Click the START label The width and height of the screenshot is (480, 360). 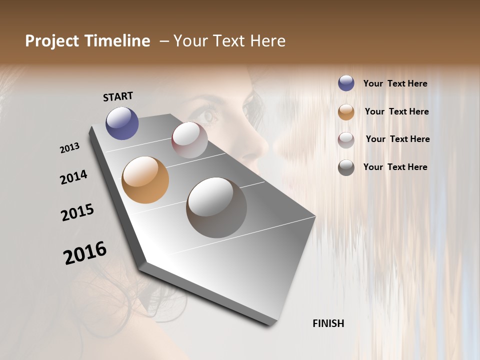click(x=118, y=96)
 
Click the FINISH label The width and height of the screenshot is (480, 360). click(x=328, y=323)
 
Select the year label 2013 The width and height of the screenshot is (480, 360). click(x=69, y=148)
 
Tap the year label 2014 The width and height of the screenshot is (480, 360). click(x=73, y=177)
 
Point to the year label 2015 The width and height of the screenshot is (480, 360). click(x=77, y=212)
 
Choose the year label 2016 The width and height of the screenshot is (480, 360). click(x=85, y=252)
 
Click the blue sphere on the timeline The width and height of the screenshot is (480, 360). click(x=122, y=123)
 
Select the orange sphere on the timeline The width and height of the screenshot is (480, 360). click(x=145, y=180)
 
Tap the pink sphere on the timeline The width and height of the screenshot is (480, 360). click(x=189, y=140)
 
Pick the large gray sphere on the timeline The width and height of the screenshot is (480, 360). click(x=216, y=207)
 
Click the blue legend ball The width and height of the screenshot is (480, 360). click(x=346, y=83)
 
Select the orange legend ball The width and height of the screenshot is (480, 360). click(x=346, y=111)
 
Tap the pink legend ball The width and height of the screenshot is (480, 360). click(x=346, y=139)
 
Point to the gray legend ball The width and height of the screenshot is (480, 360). click(x=346, y=167)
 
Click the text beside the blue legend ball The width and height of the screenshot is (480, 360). click(x=395, y=83)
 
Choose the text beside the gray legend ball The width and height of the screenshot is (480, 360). click(x=395, y=167)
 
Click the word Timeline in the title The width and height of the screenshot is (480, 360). click(x=118, y=41)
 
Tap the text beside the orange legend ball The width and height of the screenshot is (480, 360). click(x=396, y=111)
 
